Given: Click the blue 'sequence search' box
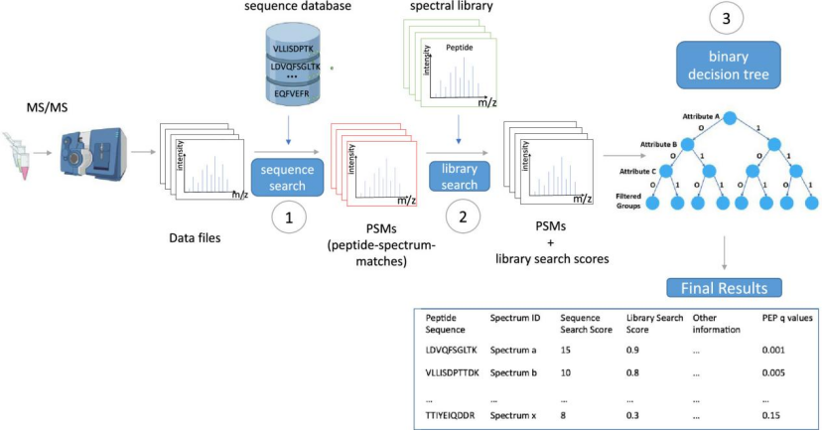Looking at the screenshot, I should click(287, 176).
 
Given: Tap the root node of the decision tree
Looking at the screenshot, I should click(729, 118).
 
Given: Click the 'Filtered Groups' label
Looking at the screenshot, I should click(627, 202).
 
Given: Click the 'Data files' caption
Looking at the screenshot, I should click(196, 238).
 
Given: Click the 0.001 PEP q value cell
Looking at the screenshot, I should click(774, 351).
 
